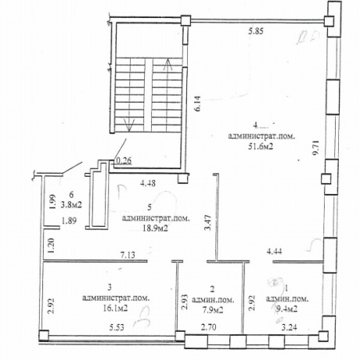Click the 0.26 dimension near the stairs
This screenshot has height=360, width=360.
tap(124, 162)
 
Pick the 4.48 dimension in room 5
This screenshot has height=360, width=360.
tap(149, 185)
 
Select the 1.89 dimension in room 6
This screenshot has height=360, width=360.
tap(70, 221)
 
